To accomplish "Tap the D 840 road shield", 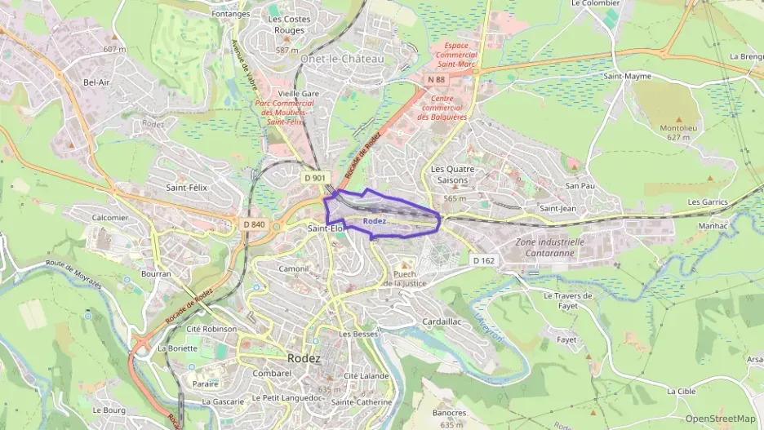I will click(x=254, y=224).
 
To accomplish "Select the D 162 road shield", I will click(x=483, y=260).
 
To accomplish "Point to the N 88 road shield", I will click(x=437, y=79).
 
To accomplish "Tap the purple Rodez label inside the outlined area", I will click(x=375, y=221).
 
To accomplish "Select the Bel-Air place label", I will click(x=95, y=82).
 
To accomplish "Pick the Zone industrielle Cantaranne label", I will click(x=550, y=247).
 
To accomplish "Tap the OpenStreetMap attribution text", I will click(x=721, y=419).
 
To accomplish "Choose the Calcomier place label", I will click(x=110, y=218).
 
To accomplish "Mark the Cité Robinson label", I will click(x=211, y=329).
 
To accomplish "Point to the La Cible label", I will click(x=682, y=392).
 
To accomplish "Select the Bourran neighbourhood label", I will click(x=155, y=274).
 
